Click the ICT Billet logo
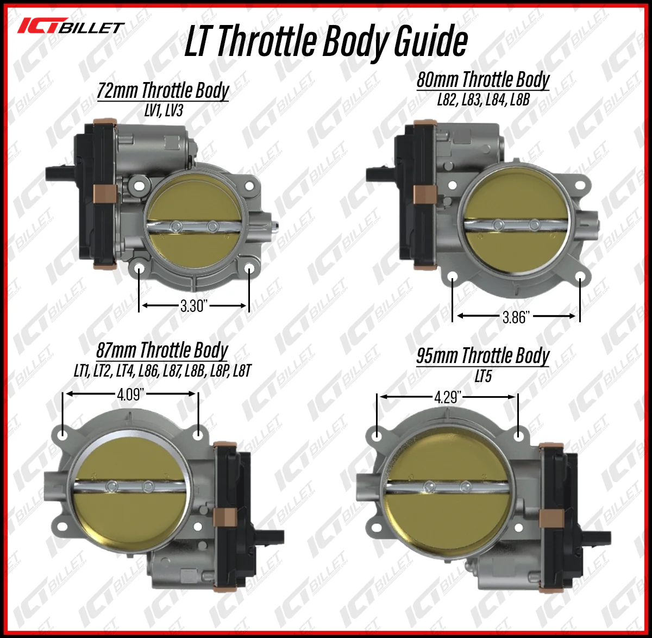point(71,26)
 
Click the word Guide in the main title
point(430,42)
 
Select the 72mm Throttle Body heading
point(163,90)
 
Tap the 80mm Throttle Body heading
point(483,80)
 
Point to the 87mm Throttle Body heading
point(162,350)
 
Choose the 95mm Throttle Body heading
point(483,356)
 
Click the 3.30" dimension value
point(194,305)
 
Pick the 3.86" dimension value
point(516,317)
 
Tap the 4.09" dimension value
point(130,395)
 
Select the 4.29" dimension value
point(448,397)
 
